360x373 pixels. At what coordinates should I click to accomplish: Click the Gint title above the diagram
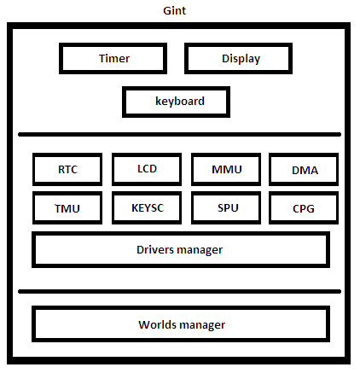[174, 10]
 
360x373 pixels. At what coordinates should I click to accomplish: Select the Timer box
[113, 59]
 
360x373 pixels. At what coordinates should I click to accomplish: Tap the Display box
[238, 59]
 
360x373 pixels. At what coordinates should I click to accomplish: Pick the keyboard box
[176, 102]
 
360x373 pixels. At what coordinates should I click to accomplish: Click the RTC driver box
[67, 170]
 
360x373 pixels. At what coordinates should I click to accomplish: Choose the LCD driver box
[147, 170]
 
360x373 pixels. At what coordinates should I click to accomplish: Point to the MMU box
[226, 170]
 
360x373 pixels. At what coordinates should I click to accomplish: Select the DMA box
[304, 170]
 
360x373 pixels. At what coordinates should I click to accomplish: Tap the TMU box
[67, 208]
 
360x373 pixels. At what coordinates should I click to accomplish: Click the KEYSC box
[147, 208]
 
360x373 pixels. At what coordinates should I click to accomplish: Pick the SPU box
[226, 208]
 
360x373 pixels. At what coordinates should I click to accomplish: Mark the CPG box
[304, 208]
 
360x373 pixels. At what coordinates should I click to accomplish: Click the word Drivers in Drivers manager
[155, 249]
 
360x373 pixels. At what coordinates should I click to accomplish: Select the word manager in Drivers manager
[200, 250]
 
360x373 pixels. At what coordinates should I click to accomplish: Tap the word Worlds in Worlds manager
[156, 324]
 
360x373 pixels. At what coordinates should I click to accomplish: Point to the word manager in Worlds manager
[202, 325]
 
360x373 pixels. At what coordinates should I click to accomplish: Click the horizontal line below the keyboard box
[179, 134]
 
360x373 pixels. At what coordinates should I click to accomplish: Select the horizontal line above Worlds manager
[179, 291]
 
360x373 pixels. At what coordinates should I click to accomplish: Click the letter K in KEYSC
[135, 208]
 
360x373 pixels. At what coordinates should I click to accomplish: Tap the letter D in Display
[225, 58]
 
